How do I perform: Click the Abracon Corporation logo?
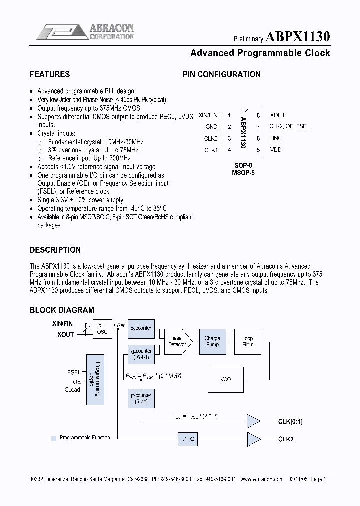pyautogui.click(x=85, y=32)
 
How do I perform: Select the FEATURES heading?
pyautogui.click(x=50, y=75)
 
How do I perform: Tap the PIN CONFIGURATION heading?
pyautogui.click(x=221, y=75)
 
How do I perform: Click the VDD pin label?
pyautogui.click(x=276, y=149)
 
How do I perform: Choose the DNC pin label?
pyautogui.click(x=276, y=138)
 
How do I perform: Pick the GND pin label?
pyautogui.click(x=211, y=127)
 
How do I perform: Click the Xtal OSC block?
pyautogui.click(x=102, y=328)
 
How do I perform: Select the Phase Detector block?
pyautogui.click(x=177, y=341)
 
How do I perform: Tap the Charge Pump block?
pyautogui.click(x=212, y=341)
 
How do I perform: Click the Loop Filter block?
pyautogui.click(x=247, y=341)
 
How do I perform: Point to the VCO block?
pyautogui.click(x=226, y=379)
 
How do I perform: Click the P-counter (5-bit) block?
pyautogui.click(x=141, y=398)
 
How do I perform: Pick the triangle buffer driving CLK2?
pyautogui.click(x=253, y=439)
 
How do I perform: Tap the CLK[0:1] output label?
pyautogui.click(x=290, y=421)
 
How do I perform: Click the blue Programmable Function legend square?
pyautogui.click(x=54, y=438)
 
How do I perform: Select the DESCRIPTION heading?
pyautogui.click(x=55, y=250)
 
